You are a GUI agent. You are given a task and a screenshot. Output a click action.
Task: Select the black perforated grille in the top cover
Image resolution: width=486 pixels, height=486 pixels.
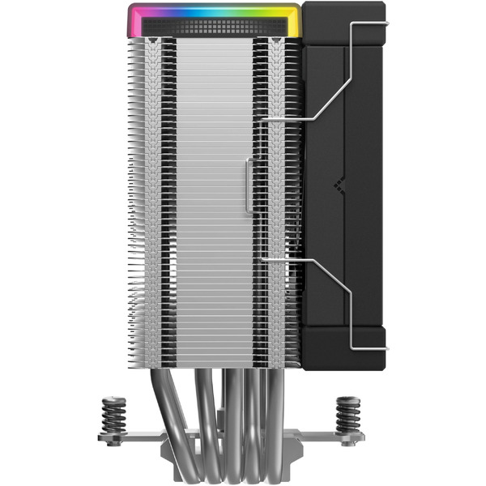[x=215, y=27]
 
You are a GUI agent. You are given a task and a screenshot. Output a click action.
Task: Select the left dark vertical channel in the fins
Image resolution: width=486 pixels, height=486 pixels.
[x=169, y=202]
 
